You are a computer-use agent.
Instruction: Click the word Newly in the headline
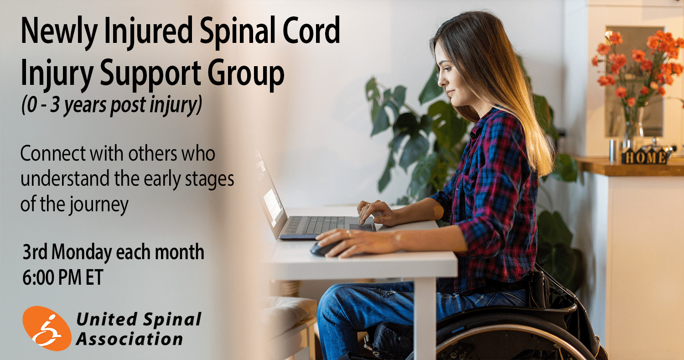pos(59,31)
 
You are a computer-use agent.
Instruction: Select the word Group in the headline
pos(246,73)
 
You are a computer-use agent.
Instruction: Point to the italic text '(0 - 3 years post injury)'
pos(112,105)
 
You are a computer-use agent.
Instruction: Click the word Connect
pos(53,153)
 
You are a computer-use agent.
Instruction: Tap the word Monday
pos(82,252)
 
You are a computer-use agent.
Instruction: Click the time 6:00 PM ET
pos(62,277)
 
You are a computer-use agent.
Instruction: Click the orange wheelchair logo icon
pos(47,328)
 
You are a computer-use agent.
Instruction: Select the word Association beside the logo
pos(129,339)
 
